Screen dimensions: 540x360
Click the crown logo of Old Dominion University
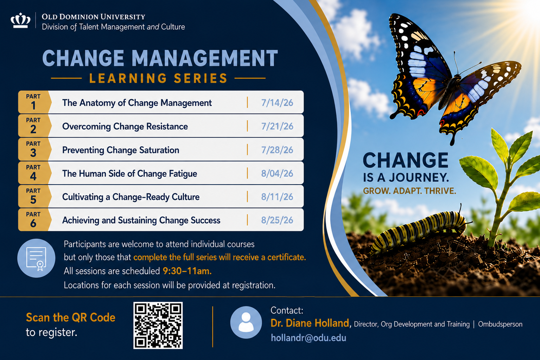point(20,20)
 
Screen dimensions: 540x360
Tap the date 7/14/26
point(277,103)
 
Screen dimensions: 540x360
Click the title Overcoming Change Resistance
point(125,127)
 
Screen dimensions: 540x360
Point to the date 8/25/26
point(277,220)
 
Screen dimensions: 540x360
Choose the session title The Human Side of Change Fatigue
point(130,174)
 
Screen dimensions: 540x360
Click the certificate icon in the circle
point(36,258)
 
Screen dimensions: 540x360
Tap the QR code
point(158,325)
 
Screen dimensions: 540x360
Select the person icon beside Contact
point(246,322)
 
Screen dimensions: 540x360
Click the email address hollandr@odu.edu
point(309,338)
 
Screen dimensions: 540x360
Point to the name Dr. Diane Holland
point(310,323)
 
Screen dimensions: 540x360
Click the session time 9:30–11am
point(187,271)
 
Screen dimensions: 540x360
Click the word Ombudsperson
point(500,324)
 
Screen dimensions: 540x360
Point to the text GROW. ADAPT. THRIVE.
point(409,191)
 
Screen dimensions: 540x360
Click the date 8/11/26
point(277,197)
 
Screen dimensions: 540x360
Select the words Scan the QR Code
point(71,317)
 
